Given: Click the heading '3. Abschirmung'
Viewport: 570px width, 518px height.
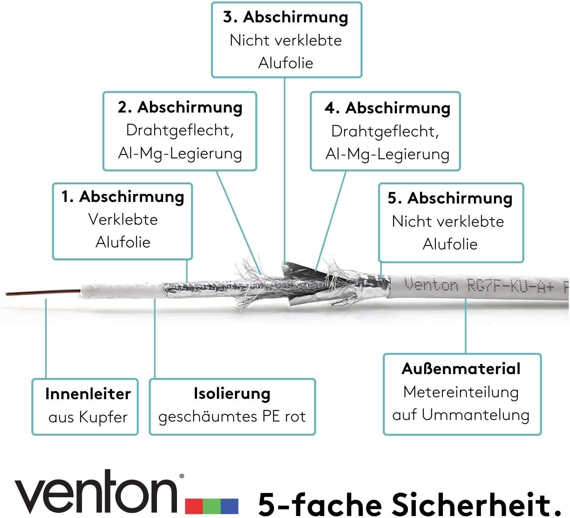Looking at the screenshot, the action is coord(286,17).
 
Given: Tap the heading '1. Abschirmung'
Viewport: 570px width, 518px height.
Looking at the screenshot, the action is coord(123,196).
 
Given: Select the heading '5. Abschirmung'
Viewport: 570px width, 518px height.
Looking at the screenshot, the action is coord(450,198).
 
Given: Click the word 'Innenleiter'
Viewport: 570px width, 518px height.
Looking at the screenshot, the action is coord(88,394).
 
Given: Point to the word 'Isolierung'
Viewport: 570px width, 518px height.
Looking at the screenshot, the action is coord(232,394).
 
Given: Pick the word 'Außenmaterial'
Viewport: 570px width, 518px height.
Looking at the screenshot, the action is coord(461,369).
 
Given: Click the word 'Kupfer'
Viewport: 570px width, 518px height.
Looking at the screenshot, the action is coord(104,417).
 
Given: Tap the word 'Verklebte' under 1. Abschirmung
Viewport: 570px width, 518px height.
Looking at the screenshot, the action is coord(123,219).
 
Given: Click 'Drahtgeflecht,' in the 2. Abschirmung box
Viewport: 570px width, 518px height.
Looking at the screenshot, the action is coord(180,131).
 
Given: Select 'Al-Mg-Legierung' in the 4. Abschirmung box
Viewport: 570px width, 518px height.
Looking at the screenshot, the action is coord(387,154).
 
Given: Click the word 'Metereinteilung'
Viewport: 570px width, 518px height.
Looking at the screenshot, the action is coord(461,392).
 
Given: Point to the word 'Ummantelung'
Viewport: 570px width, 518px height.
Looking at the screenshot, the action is coord(476,415).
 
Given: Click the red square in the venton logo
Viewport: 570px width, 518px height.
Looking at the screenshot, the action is coord(194,506).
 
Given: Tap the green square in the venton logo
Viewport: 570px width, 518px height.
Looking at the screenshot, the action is coord(212,506).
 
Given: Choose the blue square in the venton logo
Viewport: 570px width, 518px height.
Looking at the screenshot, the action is coord(229,506).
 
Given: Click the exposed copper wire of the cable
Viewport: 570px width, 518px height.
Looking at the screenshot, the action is coord(43,292).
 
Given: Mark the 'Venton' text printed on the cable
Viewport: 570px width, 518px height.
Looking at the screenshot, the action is coord(432,284).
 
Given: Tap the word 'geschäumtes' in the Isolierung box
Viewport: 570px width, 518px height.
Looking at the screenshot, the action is coord(208,417).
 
